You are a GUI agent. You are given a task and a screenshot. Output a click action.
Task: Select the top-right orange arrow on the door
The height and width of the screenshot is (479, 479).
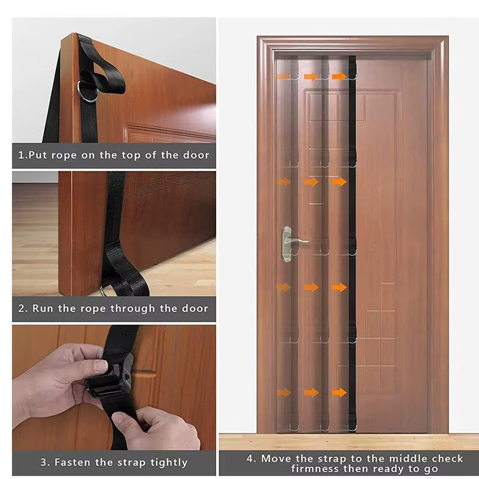tap(339, 77)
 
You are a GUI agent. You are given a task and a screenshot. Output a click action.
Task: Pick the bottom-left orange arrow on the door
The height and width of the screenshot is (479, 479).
tap(283, 393)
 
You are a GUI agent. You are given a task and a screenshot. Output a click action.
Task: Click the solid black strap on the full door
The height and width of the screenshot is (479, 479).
tap(352, 239)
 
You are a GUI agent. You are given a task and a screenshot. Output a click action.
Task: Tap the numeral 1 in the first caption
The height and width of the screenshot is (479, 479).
tap(21, 155)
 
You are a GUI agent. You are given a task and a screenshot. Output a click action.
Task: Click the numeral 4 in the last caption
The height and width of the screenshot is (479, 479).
tap(251, 459)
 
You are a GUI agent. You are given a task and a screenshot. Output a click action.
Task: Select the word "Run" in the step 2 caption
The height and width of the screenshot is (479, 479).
tap(43, 309)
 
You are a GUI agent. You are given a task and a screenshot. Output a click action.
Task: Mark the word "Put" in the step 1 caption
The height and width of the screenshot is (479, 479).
tap(39, 155)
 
